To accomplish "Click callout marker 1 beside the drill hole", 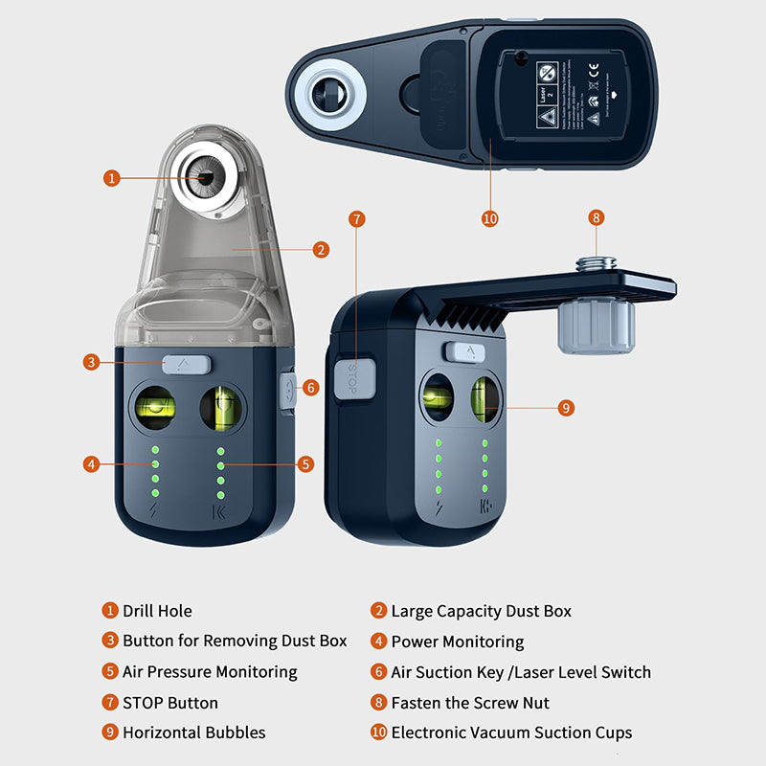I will [113, 177].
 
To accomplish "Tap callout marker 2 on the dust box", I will [321, 250].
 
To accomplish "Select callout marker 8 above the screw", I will [596, 218].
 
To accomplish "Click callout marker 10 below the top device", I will [490, 219].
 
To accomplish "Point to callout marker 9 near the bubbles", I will [566, 407].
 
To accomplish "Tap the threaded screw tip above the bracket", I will [596, 260].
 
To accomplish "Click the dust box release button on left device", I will [186, 364].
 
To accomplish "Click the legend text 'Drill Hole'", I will [157, 611].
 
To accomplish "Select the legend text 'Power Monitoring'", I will [457, 642].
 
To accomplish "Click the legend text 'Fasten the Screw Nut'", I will [469, 703].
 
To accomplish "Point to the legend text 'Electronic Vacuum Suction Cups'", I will [511, 732].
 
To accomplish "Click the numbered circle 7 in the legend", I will [111, 703].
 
